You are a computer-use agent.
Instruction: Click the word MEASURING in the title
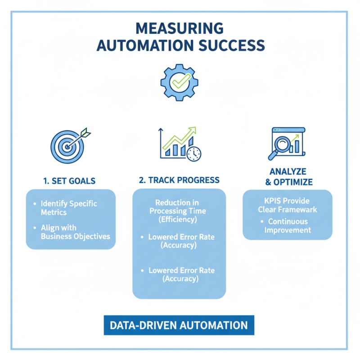(x=180, y=28)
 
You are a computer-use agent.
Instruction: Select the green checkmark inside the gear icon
(x=180, y=81)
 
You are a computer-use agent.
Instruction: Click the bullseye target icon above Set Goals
(x=66, y=146)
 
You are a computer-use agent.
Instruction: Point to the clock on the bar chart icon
(x=194, y=153)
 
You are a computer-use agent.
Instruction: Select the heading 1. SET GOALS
(x=69, y=181)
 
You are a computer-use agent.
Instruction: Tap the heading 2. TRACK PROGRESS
(x=179, y=180)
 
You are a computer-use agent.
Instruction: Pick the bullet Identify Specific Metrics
(x=68, y=207)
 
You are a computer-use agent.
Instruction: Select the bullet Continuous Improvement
(x=288, y=225)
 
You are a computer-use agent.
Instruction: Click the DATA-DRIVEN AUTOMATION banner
(x=179, y=325)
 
